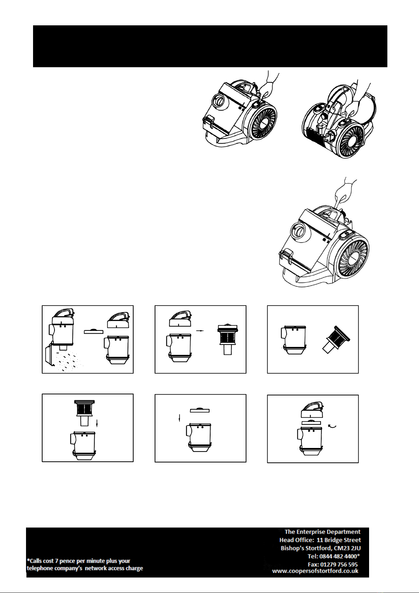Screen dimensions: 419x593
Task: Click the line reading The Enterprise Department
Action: (x=323, y=531)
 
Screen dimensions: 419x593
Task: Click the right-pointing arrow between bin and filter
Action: (x=200, y=331)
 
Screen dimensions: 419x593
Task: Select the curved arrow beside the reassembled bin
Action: (x=333, y=426)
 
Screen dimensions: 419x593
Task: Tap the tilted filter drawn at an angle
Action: (x=336, y=339)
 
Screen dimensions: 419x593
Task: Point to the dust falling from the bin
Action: (x=67, y=361)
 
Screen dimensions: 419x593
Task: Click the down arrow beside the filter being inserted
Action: (x=97, y=422)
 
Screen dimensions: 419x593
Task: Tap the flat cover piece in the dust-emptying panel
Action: (x=94, y=332)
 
